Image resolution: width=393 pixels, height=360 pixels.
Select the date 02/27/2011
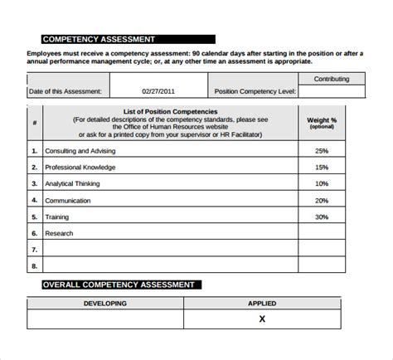[159, 91]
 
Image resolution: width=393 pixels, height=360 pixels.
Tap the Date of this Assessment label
[65, 91]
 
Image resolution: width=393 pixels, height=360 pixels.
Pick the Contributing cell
[332, 79]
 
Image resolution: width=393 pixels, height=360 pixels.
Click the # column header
[35, 123]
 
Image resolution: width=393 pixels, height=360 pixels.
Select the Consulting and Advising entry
[80, 151]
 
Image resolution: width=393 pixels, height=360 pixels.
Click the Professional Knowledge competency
[80, 167]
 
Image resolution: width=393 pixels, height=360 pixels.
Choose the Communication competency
[69, 200]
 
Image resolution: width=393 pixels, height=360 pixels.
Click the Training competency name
[58, 216]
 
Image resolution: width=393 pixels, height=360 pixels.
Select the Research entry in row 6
[60, 233]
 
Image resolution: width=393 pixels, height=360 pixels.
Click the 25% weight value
[322, 151]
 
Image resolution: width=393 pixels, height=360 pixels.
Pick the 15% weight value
[322, 167]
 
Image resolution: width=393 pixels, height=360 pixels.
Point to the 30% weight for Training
[322, 216]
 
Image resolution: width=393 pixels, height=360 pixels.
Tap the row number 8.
[35, 265]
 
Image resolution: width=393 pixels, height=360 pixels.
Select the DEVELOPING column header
[105, 304]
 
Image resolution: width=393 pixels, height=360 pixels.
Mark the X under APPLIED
[262, 319]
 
